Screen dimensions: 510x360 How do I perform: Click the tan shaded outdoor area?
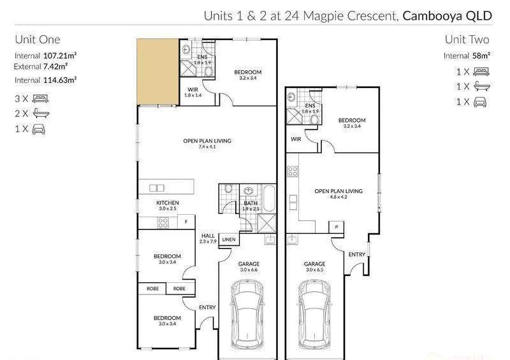[157, 72]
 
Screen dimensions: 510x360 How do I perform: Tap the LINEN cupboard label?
[229, 240]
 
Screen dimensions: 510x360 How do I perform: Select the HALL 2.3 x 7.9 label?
[208, 238]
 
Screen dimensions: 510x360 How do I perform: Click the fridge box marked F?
[186, 222]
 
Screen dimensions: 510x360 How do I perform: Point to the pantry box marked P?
[337, 227]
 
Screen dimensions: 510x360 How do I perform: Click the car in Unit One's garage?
[247, 314]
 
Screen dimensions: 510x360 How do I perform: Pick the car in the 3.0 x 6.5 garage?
[314, 314]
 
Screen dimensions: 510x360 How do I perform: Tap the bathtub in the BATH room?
[269, 198]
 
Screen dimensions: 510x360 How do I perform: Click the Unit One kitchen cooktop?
[163, 223]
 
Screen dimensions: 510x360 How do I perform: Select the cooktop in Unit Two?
[293, 171]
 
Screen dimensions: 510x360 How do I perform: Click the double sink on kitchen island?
[157, 188]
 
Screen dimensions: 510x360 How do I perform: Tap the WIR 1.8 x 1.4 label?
[193, 92]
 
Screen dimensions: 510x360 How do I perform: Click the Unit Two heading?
[467, 40]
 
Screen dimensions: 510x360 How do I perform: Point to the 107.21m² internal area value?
[60, 55]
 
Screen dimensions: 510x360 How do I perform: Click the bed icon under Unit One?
[40, 99]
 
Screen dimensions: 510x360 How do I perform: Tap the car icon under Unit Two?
[480, 102]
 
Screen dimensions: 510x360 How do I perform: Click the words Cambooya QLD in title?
[448, 16]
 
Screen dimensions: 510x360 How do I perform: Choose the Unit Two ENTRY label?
[357, 254]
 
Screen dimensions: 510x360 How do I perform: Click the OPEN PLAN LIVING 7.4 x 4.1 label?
[207, 143]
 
